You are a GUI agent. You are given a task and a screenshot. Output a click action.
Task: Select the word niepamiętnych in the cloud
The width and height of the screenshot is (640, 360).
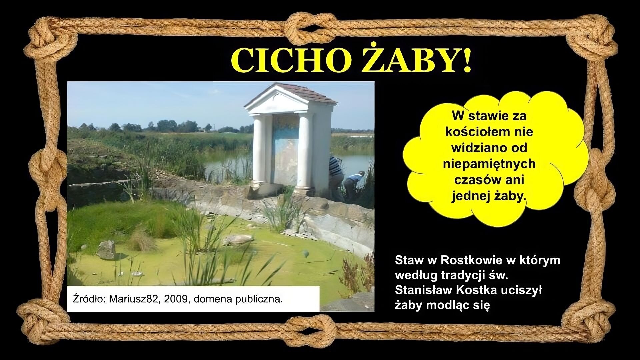pyautogui.click(x=489, y=164)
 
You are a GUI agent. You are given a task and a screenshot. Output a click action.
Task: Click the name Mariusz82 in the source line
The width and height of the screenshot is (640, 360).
pyautogui.click(x=133, y=299)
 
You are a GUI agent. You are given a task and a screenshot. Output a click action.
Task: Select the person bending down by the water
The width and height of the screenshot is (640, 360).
pyautogui.click(x=354, y=182)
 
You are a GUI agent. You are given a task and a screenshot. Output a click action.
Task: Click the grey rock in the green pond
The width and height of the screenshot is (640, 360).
pyautogui.click(x=107, y=250)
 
